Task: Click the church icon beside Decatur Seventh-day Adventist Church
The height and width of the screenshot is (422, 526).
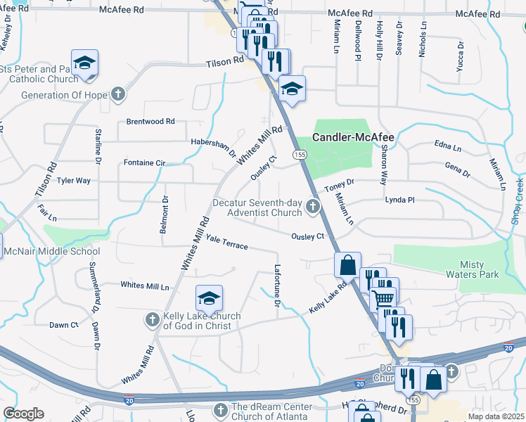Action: tap(313, 206)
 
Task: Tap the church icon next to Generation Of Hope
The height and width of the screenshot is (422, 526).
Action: tap(118, 94)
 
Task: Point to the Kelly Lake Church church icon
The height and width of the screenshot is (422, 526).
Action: tap(153, 321)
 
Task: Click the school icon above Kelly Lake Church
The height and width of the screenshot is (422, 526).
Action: tap(209, 299)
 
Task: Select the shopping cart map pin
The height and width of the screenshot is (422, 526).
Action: tap(383, 297)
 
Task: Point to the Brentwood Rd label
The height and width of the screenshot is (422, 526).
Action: tap(150, 122)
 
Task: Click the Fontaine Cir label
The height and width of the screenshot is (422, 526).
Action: tap(144, 163)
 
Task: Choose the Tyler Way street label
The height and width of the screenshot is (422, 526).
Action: tap(74, 181)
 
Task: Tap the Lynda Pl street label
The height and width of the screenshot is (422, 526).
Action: tap(400, 200)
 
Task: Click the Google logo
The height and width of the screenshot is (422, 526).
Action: tap(23, 414)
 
